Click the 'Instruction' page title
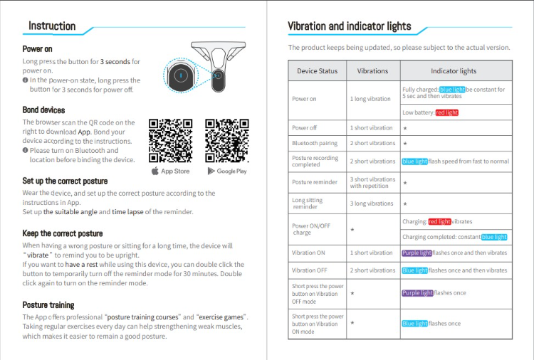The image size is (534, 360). tap(52, 26)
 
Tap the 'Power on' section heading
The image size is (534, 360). tap(37, 49)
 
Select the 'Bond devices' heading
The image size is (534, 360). tap(43, 110)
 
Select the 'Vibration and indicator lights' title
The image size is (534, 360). tap(349, 26)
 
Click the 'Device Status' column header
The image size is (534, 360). tap(318, 71)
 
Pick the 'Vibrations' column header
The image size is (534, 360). tap(372, 71)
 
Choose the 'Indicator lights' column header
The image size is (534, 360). tap(454, 71)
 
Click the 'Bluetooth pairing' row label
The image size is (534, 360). tap(314, 144)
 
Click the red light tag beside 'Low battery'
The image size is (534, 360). tap(447, 112)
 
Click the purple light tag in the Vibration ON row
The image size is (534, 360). tap(417, 253)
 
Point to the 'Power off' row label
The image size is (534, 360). tap(305, 128)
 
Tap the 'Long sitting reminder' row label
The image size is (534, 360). tap(308, 203)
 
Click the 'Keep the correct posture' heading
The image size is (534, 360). tap(63, 233)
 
